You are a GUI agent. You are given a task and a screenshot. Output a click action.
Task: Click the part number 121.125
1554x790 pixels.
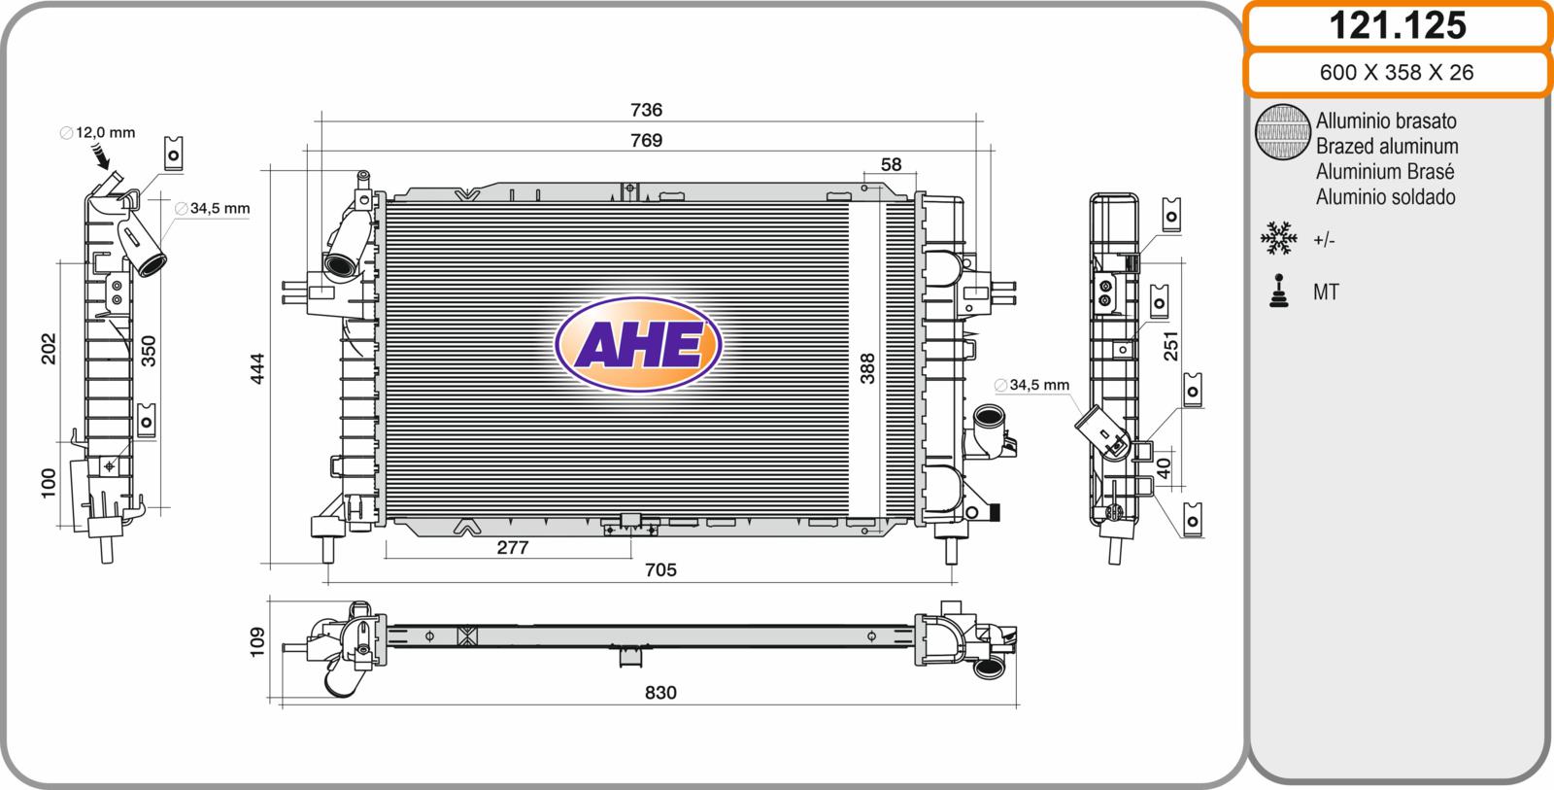[1398, 25]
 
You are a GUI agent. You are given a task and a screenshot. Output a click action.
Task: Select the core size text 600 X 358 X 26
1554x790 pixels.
[1397, 72]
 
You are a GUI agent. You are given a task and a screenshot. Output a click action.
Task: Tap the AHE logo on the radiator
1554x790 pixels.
[638, 344]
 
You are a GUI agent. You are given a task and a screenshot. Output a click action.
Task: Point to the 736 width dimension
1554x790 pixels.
[646, 110]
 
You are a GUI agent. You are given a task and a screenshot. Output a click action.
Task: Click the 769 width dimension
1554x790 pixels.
[646, 140]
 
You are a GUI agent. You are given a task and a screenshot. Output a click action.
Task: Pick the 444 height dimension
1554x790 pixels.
[257, 368]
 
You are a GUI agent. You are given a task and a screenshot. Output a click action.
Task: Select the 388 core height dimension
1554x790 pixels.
[867, 368]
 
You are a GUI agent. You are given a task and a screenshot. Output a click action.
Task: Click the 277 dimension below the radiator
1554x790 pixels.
[513, 548]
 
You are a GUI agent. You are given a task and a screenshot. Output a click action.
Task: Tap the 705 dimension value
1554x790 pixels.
[660, 570]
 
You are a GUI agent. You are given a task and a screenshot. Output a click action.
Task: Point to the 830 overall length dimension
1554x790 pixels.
[660, 693]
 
